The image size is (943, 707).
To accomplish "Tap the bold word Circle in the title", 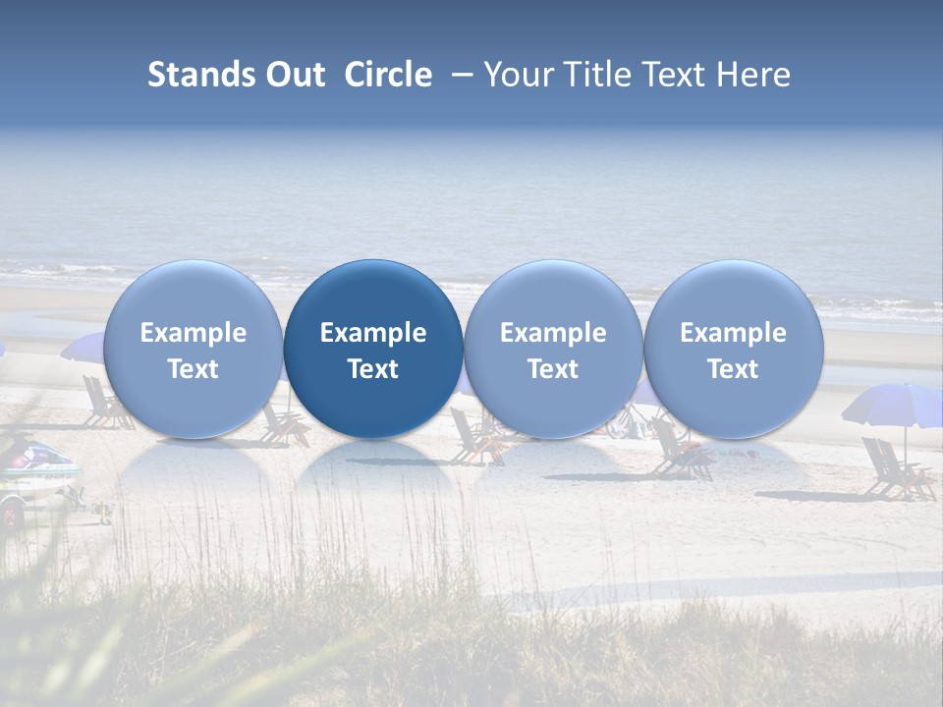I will pyautogui.click(x=388, y=75).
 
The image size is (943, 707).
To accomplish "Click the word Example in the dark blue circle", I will pyautogui.click(x=373, y=333).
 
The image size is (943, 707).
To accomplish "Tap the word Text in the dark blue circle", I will pyautogui.click(x=373, y=369).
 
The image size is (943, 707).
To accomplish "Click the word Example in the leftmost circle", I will pyautogui.click(x=194, y=333).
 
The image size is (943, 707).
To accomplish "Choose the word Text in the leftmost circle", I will pyautogui.click(x=194, y=369).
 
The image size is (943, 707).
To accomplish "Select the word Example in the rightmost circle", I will pyautogui.click(x=733, y=333).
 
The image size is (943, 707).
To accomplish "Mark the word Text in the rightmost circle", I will pyautogui.click(x=733, y=369).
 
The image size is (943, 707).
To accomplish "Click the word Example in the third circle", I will pyautogui.click(x=553, y=333).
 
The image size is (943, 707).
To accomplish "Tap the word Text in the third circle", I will pyautogui.click(x=553, y=369).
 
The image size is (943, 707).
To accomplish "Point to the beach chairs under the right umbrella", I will pyautogui.click(x=896, y=470).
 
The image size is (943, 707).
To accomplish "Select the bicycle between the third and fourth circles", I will pyautogui.click(x=639, y=422).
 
